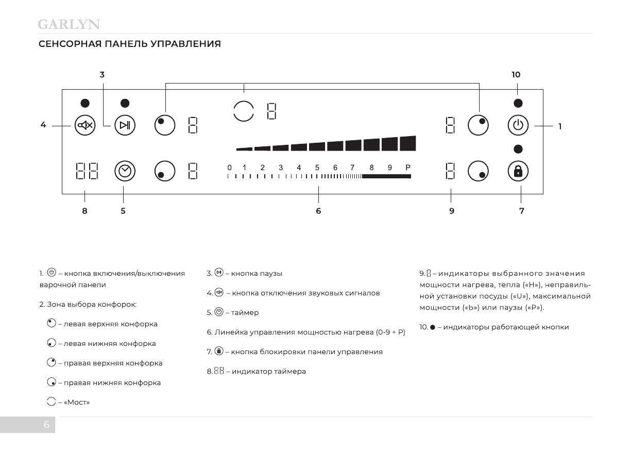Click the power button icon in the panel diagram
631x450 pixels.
518,125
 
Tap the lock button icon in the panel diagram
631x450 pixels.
518,172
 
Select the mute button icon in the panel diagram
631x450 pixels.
85,125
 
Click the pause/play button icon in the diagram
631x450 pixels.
125,125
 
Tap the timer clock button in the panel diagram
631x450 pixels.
125,172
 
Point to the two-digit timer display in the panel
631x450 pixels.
87,172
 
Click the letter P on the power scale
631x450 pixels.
408,168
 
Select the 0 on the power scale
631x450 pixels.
229,168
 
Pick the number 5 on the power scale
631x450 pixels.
317,168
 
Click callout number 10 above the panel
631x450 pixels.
516,75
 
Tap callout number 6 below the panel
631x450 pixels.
318,211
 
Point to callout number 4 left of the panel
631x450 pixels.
43,125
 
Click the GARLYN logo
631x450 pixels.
69,24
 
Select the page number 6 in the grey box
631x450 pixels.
46,425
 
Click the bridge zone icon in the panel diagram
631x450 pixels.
244,111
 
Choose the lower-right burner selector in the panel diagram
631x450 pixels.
478,172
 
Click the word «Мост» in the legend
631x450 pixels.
76,403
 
